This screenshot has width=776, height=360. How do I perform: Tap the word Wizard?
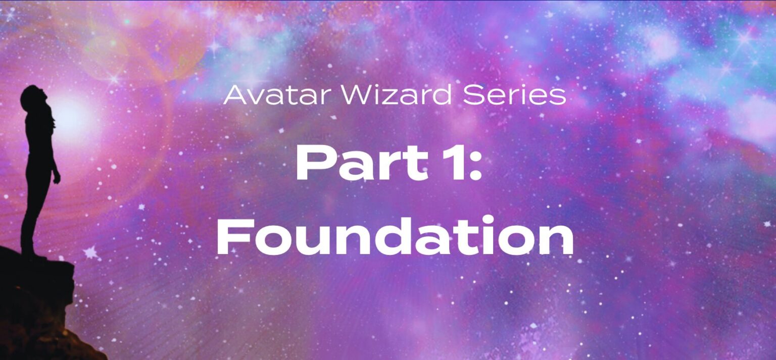coord(376,95)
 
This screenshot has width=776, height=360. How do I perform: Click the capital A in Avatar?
coord(233,95)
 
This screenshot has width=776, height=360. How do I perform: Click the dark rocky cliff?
coord(35,308)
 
